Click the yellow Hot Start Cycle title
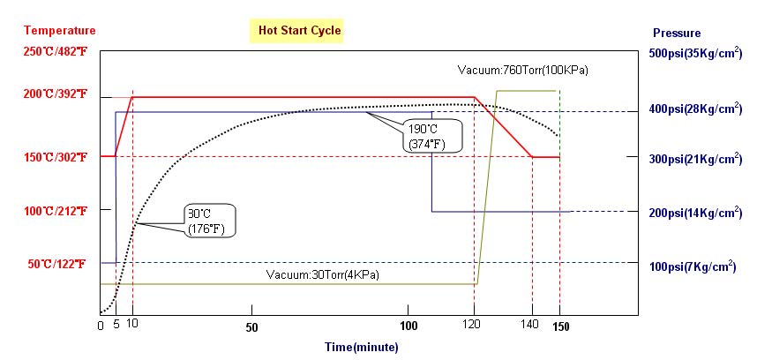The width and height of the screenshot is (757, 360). coord(299,31)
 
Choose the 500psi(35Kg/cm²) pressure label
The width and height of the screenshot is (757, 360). coord(694,53)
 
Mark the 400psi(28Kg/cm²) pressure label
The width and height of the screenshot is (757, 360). coord(694,109)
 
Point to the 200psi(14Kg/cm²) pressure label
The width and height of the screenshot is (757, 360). coord(694,213)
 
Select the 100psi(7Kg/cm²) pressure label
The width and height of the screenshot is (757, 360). coord(693,266)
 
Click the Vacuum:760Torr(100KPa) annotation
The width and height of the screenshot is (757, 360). coord(522,70)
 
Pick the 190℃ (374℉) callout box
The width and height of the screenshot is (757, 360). coord(431,135)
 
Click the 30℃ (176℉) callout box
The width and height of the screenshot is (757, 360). coord(210,221)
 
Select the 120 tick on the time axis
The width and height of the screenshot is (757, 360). coord(474,326)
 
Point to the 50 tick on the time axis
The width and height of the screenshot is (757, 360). coord(252,326)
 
